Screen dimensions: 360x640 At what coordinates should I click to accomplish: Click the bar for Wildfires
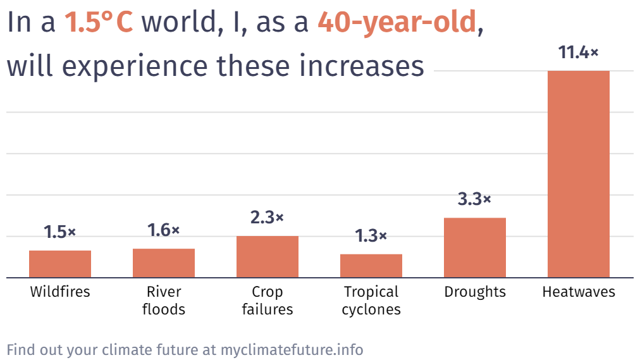60,264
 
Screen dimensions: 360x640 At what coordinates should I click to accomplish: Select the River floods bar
164,263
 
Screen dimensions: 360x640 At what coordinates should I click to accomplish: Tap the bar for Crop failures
268,257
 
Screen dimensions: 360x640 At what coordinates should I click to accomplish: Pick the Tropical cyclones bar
371,266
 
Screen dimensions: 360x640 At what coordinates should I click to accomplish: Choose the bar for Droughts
475,247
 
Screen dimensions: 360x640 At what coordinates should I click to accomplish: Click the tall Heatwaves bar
579,174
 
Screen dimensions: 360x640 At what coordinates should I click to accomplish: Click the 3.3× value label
475,200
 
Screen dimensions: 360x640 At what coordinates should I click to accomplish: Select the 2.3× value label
268,218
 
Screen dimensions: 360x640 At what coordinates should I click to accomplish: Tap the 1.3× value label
371,237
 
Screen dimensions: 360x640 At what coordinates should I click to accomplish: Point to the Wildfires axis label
60,292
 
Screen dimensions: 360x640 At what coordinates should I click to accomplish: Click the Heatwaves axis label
579,292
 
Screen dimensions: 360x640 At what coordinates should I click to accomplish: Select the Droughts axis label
475,292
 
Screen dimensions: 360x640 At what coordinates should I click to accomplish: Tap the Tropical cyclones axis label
371,301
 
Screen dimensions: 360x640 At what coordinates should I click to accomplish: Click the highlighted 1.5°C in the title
99,23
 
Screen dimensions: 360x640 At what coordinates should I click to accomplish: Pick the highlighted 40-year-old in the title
397,23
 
